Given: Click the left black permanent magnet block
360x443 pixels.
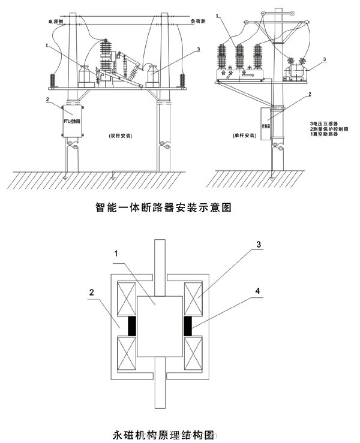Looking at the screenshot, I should [132, 326].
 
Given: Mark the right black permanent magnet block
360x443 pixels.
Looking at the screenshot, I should [187, 326].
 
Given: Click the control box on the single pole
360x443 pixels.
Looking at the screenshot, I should [265, 123].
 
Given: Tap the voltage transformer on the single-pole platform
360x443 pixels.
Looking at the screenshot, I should [295, 72].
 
